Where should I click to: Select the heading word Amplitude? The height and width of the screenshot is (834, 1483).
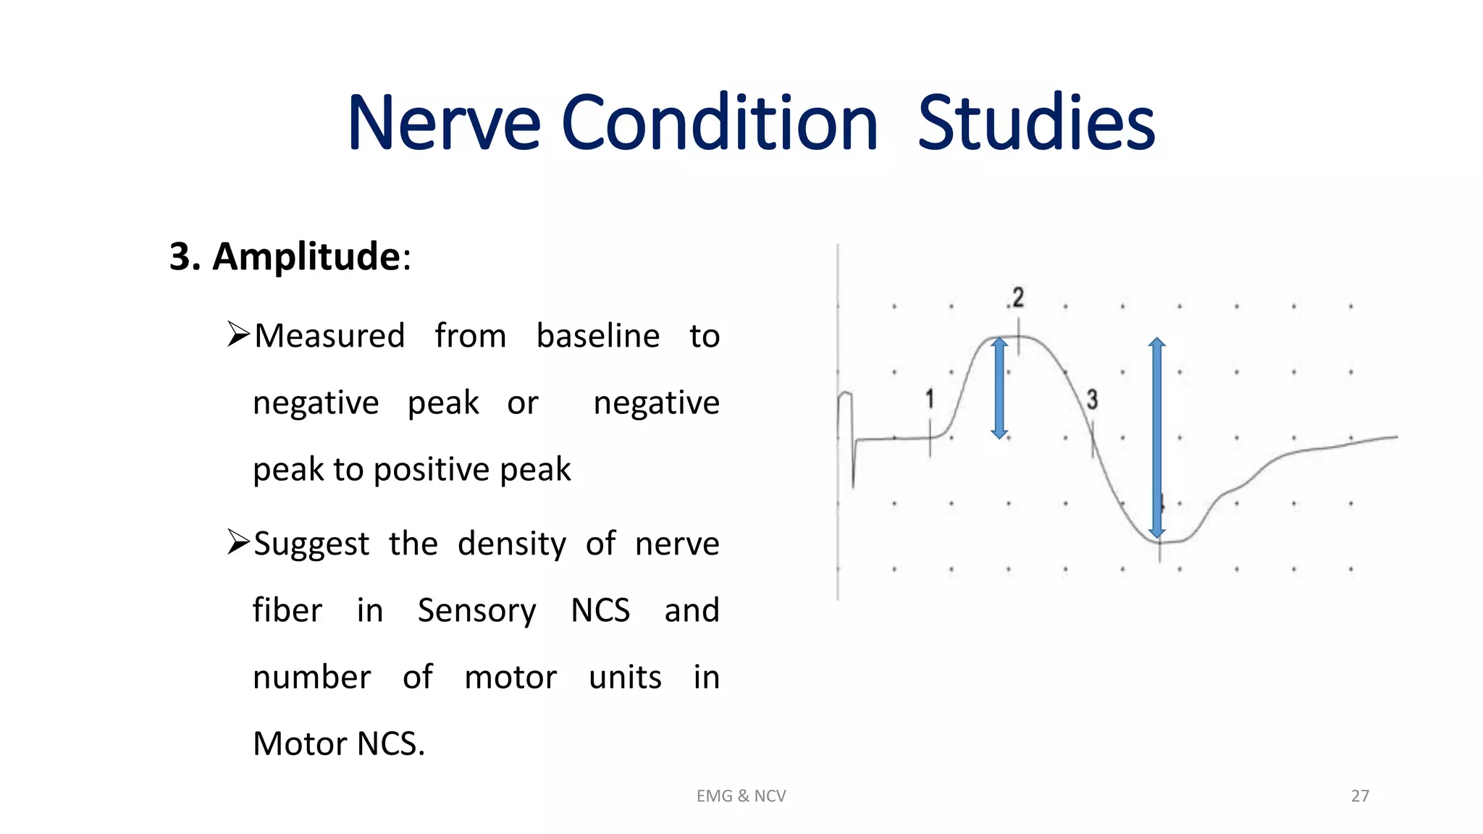[x=306, y=256]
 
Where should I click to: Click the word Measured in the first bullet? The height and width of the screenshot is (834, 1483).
[x=329, y=336]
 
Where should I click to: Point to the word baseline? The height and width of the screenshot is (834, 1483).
[x=598, y=336]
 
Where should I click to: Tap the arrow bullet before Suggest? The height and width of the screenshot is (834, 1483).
[x=238, y=542]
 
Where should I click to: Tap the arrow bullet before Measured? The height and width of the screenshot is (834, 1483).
[x=238, y=334]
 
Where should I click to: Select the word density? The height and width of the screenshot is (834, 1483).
[x=512, y=544]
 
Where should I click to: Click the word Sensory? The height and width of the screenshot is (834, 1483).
[x=476, y=610]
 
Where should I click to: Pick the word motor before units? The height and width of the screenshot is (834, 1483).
[x=511, y=678]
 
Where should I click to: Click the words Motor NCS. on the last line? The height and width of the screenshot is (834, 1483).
[x=339, y=744]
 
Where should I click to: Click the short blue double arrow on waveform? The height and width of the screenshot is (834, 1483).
[x=999, y=388]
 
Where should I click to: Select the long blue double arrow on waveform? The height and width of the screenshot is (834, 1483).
[x=1157, y=437]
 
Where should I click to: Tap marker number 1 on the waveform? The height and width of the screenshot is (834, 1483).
[x=930, y=399]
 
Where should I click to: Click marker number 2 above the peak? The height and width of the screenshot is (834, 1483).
[x=1018, y=298]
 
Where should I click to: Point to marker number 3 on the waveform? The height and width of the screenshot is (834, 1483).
[x=1092, y=400]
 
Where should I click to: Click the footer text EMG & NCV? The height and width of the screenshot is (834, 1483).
[x=741, y=796]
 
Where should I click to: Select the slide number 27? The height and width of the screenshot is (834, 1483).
[x=1360, y=796]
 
